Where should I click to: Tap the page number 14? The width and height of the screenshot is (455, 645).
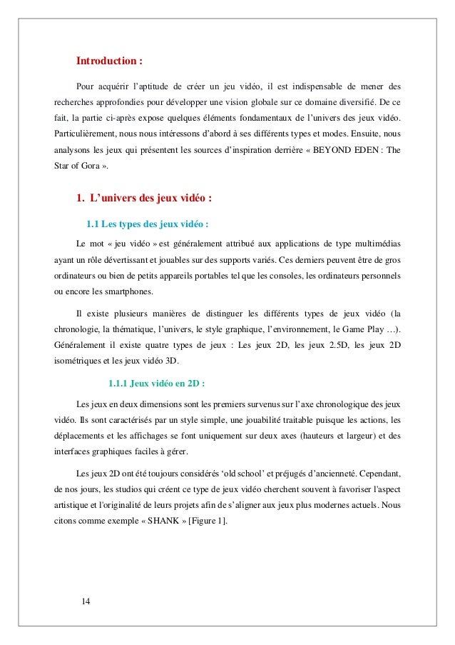(x=86, y=600)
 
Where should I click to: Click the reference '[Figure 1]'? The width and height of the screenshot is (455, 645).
(x=207, y=521)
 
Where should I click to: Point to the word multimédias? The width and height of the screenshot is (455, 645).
(x=374, y=242)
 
